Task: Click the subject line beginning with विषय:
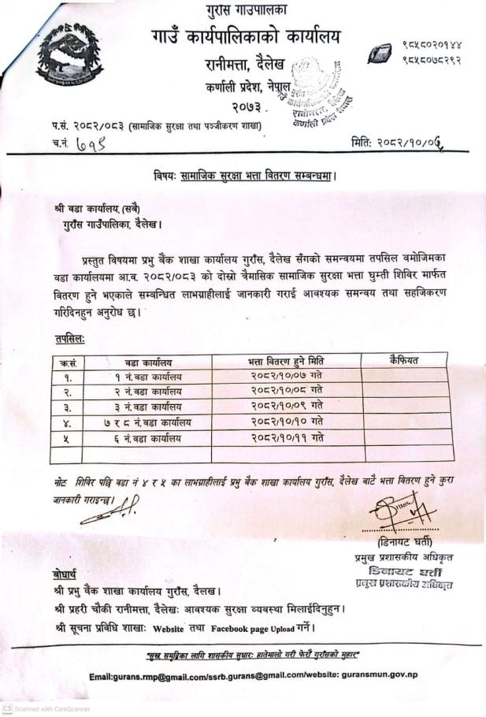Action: point(245,176)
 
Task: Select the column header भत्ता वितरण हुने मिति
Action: point(285,361)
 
